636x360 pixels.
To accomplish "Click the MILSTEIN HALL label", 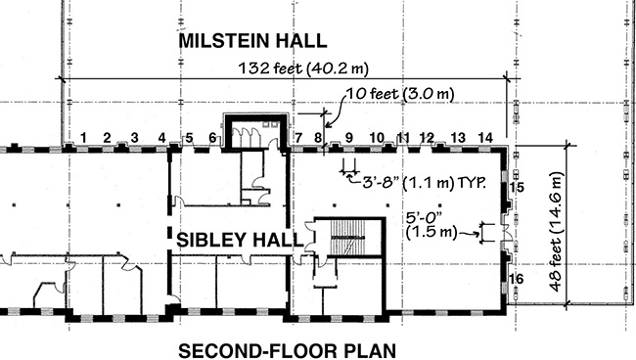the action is click(252, 41).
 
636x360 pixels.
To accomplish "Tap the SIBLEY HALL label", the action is click(240, 240).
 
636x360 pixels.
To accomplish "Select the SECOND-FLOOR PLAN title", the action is click(287, 351).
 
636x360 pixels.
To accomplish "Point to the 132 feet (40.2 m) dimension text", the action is click(303, 68).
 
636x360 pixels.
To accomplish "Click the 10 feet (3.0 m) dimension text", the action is click(400, 94).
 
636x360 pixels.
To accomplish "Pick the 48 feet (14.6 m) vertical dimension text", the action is click(556, 232).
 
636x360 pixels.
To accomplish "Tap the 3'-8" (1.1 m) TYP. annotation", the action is click(424, 183).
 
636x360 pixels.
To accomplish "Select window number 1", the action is click(83, 138).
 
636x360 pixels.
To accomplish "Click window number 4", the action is click(161, 138).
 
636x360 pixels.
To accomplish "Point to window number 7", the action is click(298, 138).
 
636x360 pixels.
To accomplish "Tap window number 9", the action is click(349, 138).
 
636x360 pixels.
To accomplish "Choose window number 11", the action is click(402, 138).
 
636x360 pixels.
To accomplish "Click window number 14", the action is click(485, 138).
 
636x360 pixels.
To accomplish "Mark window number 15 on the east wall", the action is click(517, 187).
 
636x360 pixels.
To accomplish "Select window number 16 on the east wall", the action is click(516, 279).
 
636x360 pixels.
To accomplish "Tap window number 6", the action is click(212, 138).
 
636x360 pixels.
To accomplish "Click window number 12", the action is click(427, 138).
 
